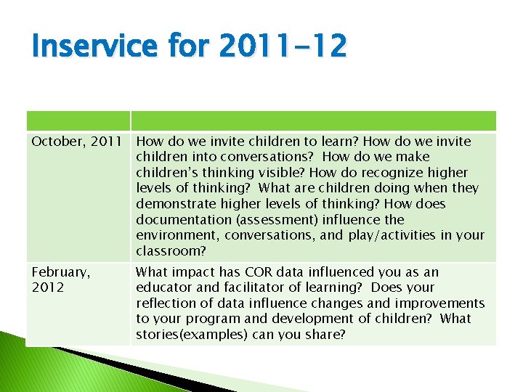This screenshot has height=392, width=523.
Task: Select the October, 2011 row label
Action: click(x=76, y=142)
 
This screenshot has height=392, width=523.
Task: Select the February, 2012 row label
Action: click(x=61, y=279)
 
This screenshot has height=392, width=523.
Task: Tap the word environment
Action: click(x=177, y=235)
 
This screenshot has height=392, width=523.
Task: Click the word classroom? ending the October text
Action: click(x=171, y=251)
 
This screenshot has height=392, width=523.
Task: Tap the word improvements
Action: click(x=442, y=303)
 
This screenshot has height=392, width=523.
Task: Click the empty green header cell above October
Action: click(x=78, y=121)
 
